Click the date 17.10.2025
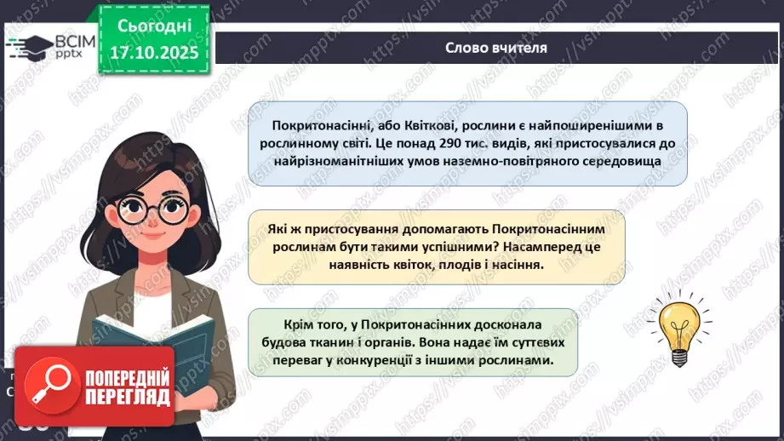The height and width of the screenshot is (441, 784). (154, 52)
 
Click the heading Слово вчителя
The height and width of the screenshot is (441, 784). (496, 47)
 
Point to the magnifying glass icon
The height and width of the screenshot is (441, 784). (50, 386)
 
